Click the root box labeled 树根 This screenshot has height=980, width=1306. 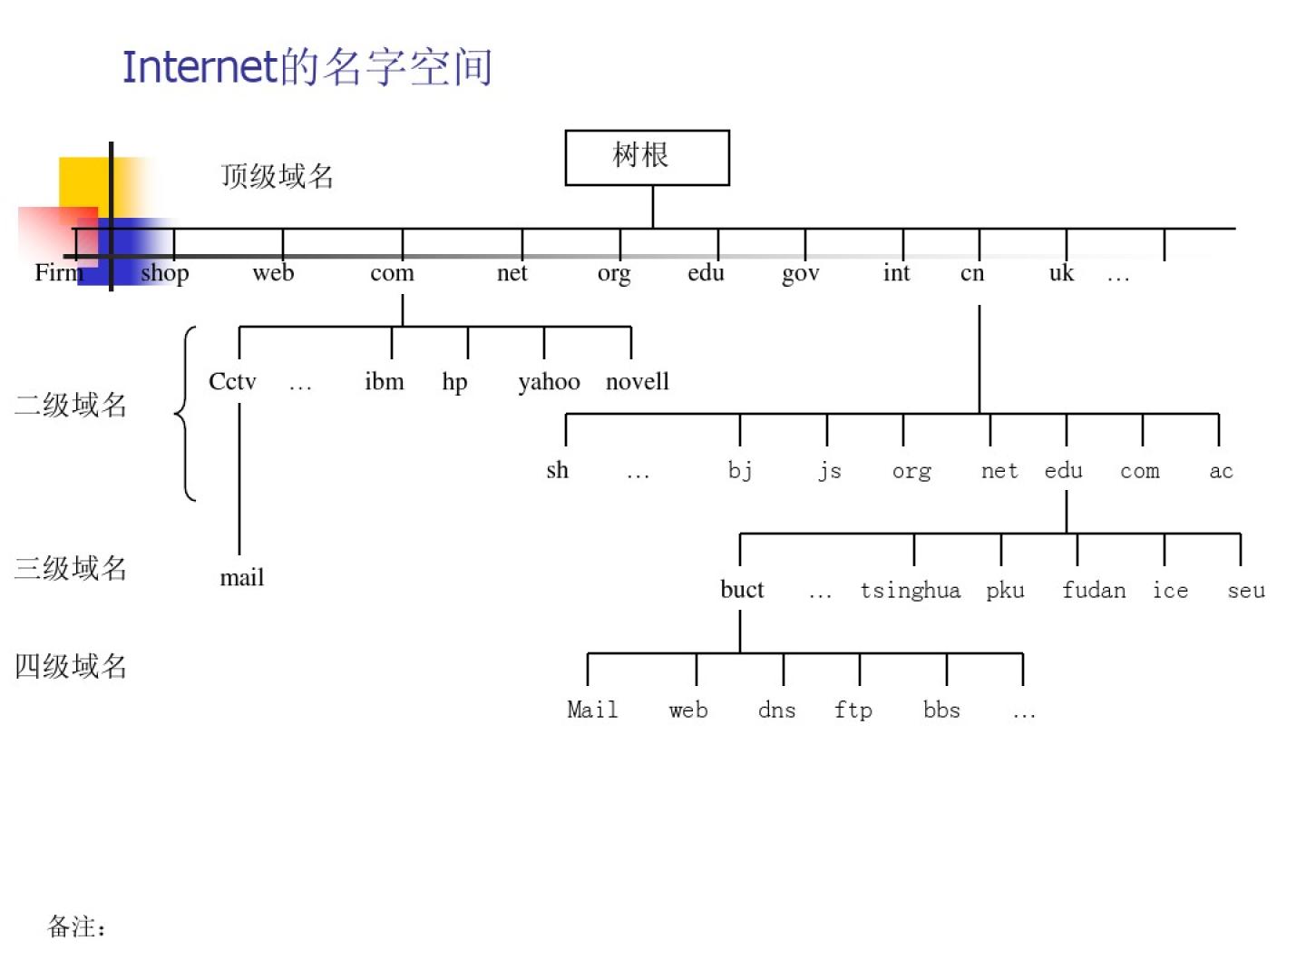[647, 158]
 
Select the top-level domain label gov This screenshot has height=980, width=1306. [800, 273]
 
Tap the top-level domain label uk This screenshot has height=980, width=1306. [1061, 272]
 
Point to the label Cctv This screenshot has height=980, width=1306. [232, 382]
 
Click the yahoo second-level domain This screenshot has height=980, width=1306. [549, 382]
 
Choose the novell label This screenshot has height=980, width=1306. [637, 382]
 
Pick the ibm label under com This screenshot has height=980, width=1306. [385, 382]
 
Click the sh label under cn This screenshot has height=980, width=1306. [557, 470]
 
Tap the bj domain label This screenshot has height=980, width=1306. [740, 470]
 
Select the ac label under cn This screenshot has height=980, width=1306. [1221, 471]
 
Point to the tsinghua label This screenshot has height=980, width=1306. [910, 591]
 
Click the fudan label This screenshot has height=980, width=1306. [1094, 591]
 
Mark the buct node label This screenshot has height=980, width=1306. [742, 590]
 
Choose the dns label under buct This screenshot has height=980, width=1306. [776, 710]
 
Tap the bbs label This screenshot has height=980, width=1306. [941, 710]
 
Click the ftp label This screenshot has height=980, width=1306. [853, 710]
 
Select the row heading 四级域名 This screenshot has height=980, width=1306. [71, 667]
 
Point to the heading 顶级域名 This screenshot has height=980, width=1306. [278, 176]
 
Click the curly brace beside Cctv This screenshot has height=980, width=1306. [186, 414]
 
